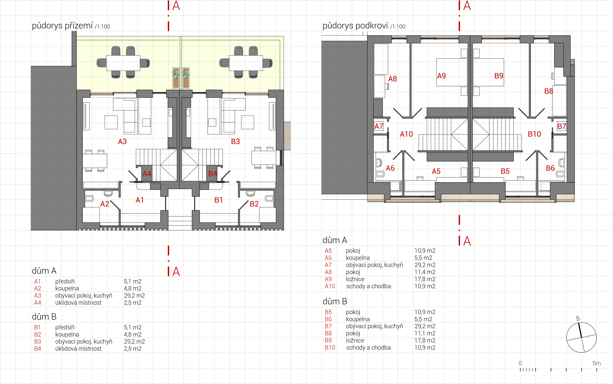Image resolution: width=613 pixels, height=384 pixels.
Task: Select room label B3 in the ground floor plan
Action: [236, 141]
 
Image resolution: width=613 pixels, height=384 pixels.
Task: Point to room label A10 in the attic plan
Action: [406, 134]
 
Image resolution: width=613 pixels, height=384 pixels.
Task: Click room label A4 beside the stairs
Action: [147, 174]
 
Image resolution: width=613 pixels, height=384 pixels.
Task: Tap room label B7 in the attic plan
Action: [562, 126]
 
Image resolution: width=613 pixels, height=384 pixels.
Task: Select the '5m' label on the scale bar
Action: [597, 363]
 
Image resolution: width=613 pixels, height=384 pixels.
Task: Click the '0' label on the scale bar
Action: [520, 363]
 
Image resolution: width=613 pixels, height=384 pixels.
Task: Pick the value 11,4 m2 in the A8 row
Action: [425, 272]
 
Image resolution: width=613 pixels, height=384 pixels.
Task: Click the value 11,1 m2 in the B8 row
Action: [425, 333]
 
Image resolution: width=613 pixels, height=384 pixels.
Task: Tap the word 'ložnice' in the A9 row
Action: [355, 279]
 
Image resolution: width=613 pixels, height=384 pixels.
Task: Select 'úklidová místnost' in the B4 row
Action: [78, 349]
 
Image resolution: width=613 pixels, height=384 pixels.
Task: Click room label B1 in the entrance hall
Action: [219, 200]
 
